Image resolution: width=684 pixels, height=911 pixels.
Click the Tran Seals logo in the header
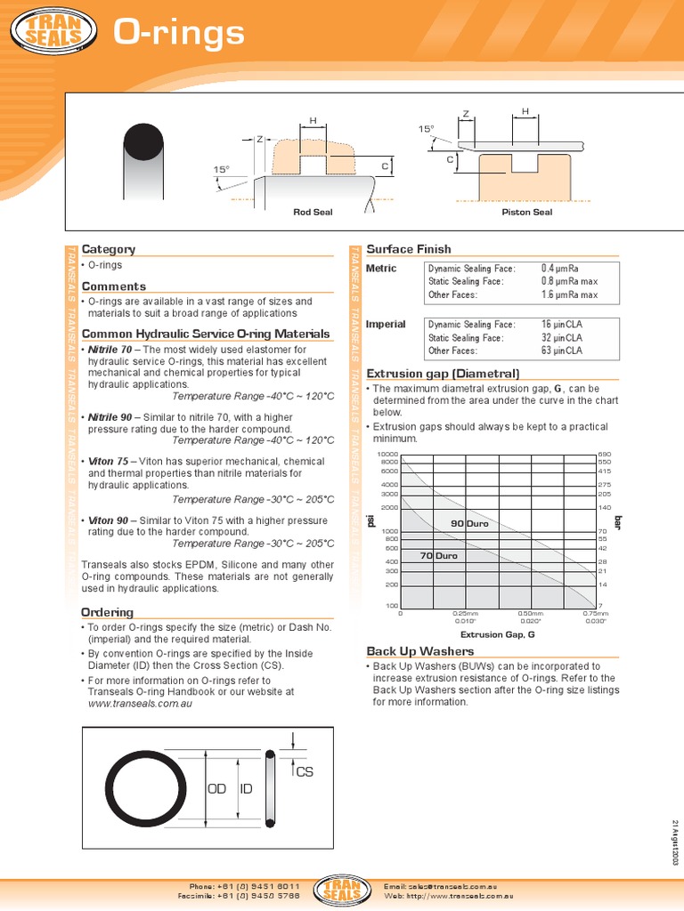[53, 33]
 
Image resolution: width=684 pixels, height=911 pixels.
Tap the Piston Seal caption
[528, 212]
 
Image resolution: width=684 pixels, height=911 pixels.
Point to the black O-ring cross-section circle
[143, 141]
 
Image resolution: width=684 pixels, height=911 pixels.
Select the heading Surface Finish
[409, 249]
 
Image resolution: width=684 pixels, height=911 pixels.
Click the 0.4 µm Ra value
[560, 268]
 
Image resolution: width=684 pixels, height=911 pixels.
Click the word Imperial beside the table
[386, 324]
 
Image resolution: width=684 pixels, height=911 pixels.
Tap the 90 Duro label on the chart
[470, 524]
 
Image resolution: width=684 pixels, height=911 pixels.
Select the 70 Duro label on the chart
[438, 555]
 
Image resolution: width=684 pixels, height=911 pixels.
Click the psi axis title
[371, 520]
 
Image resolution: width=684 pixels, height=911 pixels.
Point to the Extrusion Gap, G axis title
[497, 634]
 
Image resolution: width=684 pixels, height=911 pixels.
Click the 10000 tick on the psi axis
[388, 455]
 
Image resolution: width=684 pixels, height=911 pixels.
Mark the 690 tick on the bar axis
[604, 455]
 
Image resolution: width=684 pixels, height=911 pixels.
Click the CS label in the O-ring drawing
[305, 772]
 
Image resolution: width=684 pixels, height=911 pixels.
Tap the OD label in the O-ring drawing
[217, 789]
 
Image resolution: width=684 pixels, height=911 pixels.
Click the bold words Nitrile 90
[110, 417]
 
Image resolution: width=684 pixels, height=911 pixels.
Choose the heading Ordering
[107, 612]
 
